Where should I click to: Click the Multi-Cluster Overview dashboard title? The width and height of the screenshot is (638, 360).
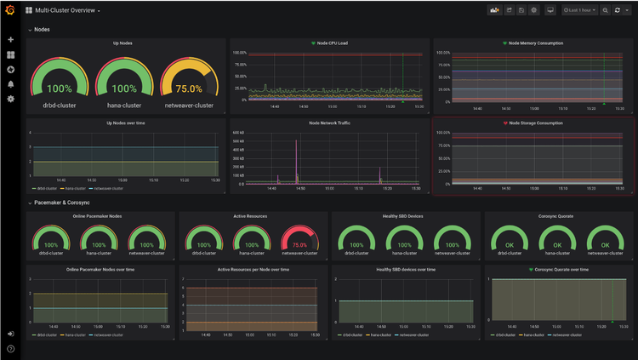click(66, 10)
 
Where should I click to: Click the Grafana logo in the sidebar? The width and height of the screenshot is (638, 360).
click(10, 10)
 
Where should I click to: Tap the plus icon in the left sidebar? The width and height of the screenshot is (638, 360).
click(10, 40)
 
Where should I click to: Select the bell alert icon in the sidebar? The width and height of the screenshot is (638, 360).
click(10, 84)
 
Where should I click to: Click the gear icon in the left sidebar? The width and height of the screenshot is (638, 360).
click(10, 99)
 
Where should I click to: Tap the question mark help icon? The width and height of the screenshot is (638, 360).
click(10, 348)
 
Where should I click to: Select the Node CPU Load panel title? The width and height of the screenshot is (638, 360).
click(332, 43)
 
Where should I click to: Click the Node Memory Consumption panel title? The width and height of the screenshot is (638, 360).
click(535, 43)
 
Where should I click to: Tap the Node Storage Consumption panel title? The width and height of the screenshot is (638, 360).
click(535, 123)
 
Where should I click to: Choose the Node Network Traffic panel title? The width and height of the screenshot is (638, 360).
click(332, 123)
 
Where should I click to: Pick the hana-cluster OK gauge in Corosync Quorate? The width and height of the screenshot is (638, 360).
click(557, 241)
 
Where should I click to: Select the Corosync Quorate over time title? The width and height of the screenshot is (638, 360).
click(560, 269)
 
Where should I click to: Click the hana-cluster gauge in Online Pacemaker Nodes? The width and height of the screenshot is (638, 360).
click(99, 241)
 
